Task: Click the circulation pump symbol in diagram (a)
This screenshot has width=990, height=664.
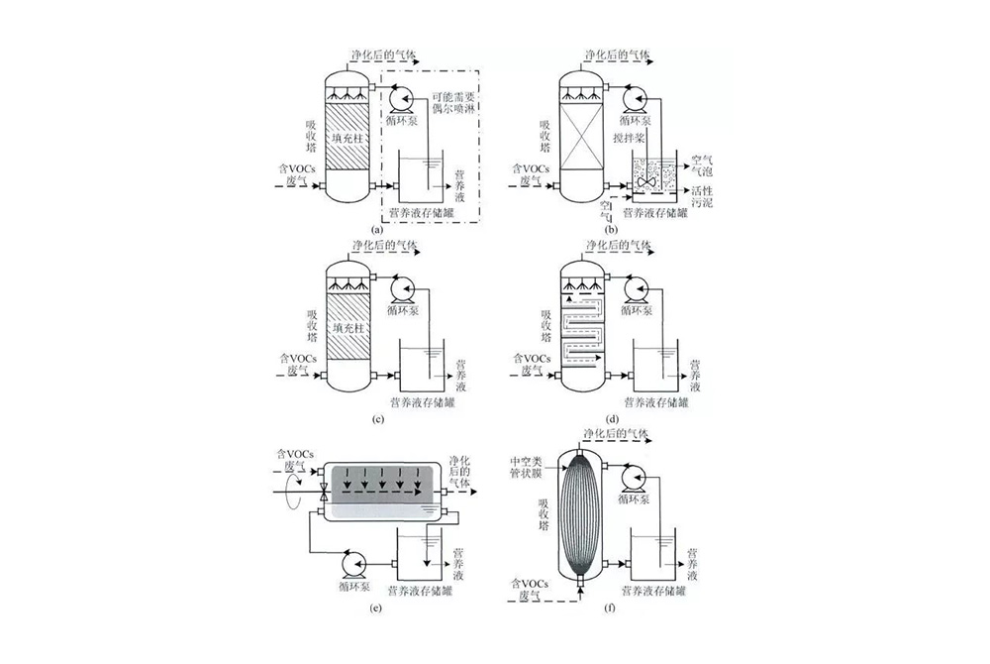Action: coord(400,101)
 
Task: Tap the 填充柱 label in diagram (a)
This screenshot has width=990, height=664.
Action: coord(348,138)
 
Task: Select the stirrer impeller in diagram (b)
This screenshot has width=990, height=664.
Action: coord(647,181)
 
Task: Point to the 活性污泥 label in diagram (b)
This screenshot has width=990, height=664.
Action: coord(702,196)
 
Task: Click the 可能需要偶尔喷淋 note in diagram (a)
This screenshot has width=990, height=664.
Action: coord(453,103)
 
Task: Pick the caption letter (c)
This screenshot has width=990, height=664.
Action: coord(378,419)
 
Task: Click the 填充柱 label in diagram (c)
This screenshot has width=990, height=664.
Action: coord(349,328)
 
